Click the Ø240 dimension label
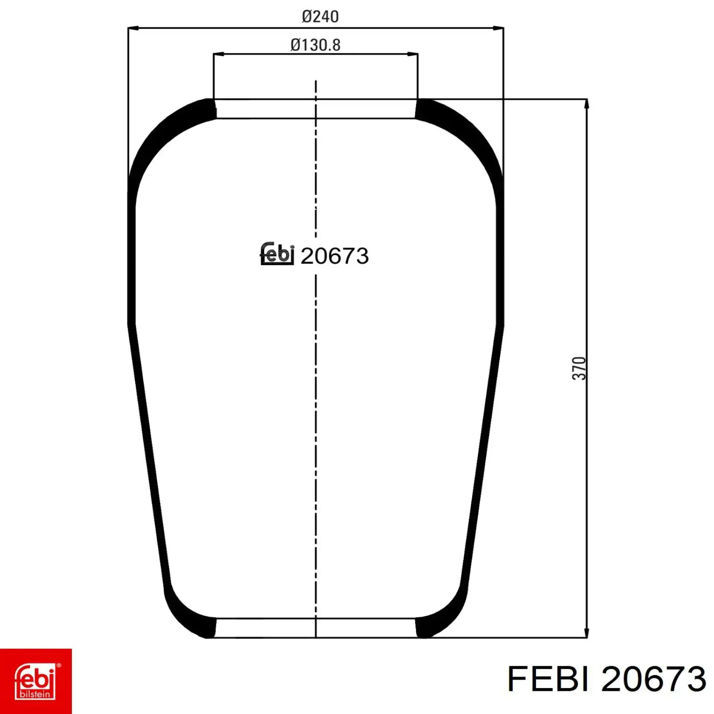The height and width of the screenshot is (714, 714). tap(320, 17)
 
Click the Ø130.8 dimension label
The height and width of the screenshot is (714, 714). tap(315, 45)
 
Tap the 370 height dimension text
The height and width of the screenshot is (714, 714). tap(579, 368)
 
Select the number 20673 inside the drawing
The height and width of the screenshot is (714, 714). tap(335, 256)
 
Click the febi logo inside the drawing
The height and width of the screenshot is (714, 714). tap(277, 254)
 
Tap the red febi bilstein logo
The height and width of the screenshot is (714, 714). tap(36, 681)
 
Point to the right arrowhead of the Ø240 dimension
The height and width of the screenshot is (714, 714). tap(498, 29)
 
